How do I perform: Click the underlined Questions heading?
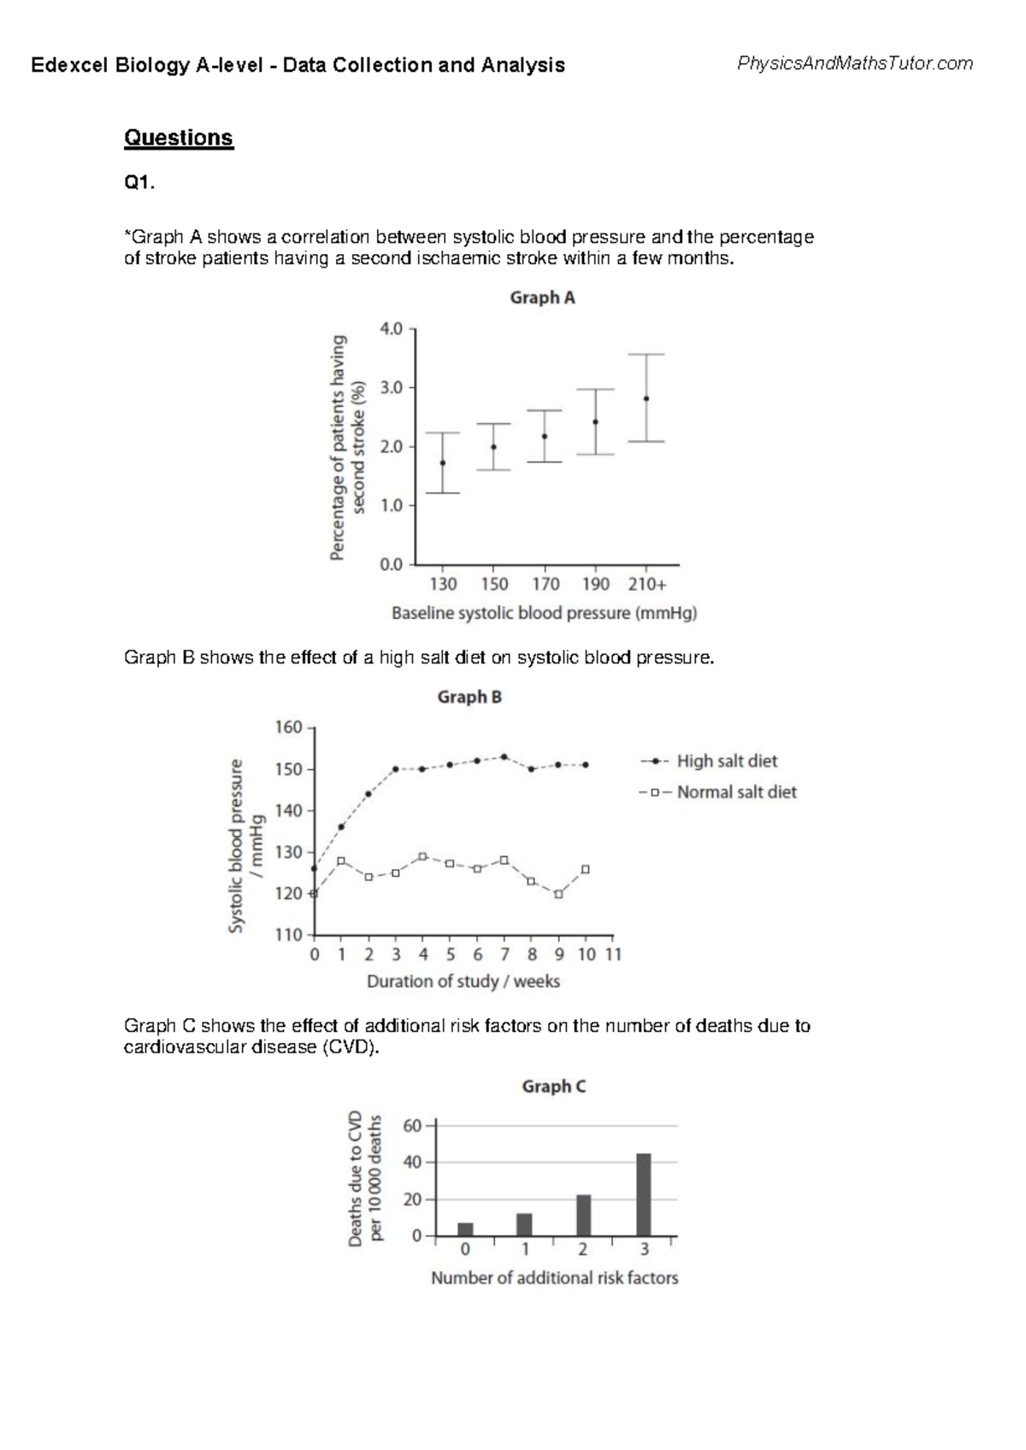[179, 138]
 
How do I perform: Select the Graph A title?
[542, 298]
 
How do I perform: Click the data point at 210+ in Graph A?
[646, 398]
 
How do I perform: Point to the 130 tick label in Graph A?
[443, 584]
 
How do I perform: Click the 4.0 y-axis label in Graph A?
[391, 328]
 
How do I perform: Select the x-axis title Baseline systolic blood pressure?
[544, 613]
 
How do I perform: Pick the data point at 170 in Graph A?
[545, 436]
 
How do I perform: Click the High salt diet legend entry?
[726, 761]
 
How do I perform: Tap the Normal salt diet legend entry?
[735, 793]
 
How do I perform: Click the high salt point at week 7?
[504, 757]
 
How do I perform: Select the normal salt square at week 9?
[558, 894]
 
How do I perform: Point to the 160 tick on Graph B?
[288, 728]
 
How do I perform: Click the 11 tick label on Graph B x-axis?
[613, 954]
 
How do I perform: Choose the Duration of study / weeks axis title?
[463, 981]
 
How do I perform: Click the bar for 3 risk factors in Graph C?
[644, 1194]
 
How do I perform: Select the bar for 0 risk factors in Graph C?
[465, 1229]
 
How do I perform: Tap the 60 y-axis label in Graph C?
[412, 1126]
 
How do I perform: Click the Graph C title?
[554, 1087]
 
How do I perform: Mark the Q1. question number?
[139, 183]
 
